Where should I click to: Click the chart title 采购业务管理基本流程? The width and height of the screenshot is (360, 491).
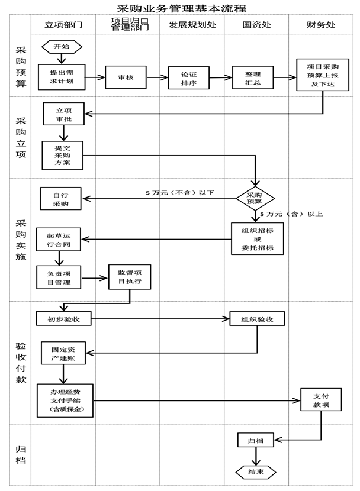coord(181,8)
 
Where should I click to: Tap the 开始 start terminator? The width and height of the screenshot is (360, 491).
coord(62,46)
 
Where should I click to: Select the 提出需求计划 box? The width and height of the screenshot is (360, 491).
coord(62,77)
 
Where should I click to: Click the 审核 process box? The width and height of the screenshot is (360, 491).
coord(126,77)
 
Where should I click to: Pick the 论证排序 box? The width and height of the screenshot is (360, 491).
coord(189,77)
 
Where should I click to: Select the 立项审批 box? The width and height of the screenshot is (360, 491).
coord(63,114)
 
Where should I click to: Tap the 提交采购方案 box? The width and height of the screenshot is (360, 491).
coord(62,155)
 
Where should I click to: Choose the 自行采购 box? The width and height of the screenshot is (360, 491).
coord(60,199)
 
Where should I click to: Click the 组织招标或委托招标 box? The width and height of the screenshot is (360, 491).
coord(257,238)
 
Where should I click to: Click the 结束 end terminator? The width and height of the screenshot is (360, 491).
coord(256,471)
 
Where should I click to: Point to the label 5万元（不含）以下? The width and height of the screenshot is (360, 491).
coord(180,193)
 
